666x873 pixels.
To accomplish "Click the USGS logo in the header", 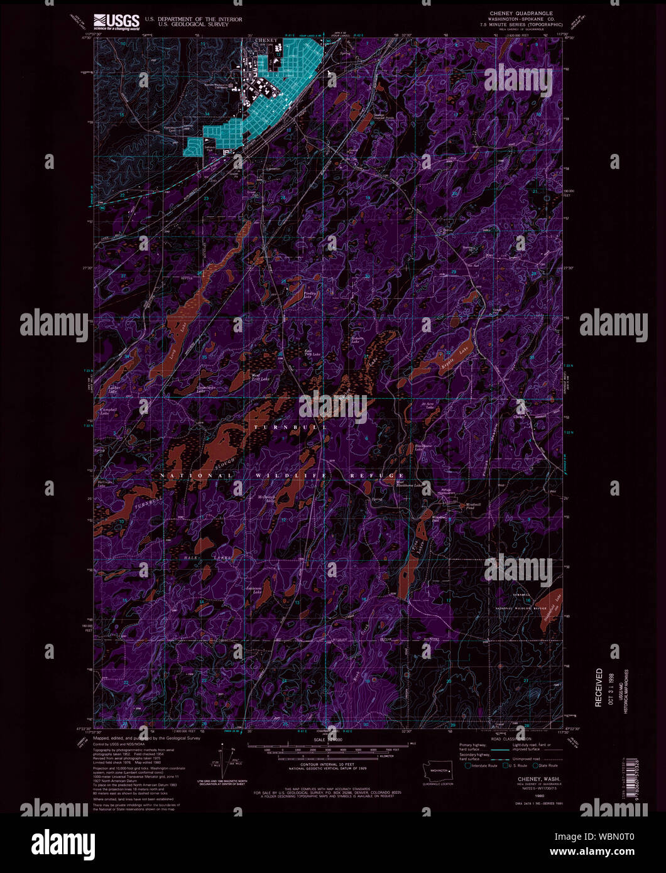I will (116, 22).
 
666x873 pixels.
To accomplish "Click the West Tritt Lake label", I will (260, 379).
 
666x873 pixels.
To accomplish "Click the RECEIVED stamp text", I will (598, 688).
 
